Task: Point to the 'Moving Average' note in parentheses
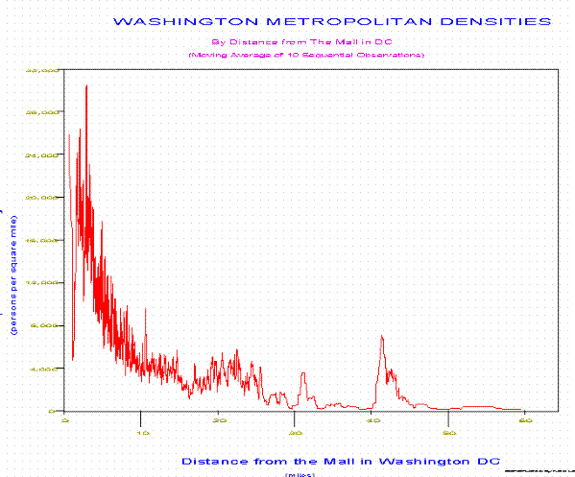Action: (306, 55)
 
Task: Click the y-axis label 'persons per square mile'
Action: (16, 276)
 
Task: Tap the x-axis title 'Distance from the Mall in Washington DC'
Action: (340, 460)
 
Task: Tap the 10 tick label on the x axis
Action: (141, 419)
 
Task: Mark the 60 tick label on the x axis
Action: (524, 419)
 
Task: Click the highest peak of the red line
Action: (86, 85)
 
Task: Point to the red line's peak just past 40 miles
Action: (382, 336)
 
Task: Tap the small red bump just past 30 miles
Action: (303, 373)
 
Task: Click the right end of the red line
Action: (520, 410)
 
